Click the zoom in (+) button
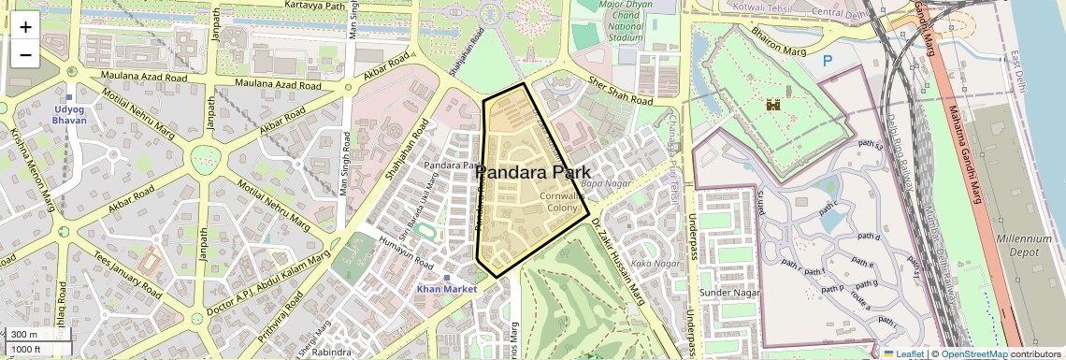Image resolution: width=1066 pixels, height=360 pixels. [25, 27]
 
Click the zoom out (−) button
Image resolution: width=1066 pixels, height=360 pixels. [25, 55]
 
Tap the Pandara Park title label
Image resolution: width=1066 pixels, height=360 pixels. [533, 173]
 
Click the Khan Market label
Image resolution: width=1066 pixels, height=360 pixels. [447, 289]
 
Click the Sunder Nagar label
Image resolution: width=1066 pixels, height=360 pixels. [729, 294]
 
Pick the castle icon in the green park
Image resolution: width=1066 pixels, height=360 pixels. [773, 107]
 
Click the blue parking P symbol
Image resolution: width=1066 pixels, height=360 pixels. [827, 61]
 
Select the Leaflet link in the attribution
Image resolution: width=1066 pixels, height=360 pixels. [903, 354]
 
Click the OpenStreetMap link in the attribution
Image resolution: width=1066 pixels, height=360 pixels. [974, 354]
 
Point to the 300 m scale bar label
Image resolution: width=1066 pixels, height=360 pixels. [25, 335]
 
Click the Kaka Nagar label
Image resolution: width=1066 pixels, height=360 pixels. [655, 263]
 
